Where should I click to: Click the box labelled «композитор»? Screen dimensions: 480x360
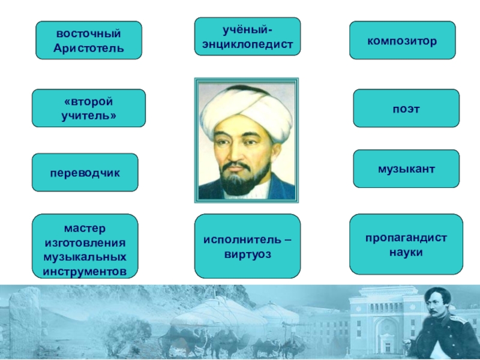click(402, 40)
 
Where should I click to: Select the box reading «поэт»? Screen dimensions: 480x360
click(406, 108)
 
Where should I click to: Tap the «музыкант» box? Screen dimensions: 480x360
click(406, 169)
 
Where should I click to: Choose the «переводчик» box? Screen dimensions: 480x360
click(85, 172)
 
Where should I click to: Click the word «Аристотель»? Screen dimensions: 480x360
click(89, 48)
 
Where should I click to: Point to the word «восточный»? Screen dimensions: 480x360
click(88, 34)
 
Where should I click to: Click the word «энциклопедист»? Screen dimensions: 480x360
click(247, 44)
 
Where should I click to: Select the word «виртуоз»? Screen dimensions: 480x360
click(248, 254)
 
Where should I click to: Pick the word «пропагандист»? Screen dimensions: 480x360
click(406, 238)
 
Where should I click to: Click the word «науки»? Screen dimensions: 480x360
click(406, 253)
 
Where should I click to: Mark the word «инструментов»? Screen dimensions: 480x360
click(85, 272)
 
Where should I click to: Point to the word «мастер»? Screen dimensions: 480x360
click(85, 228)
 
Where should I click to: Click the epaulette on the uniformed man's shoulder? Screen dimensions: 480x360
click(458, 321)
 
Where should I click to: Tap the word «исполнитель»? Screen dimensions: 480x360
click(242, 239)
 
